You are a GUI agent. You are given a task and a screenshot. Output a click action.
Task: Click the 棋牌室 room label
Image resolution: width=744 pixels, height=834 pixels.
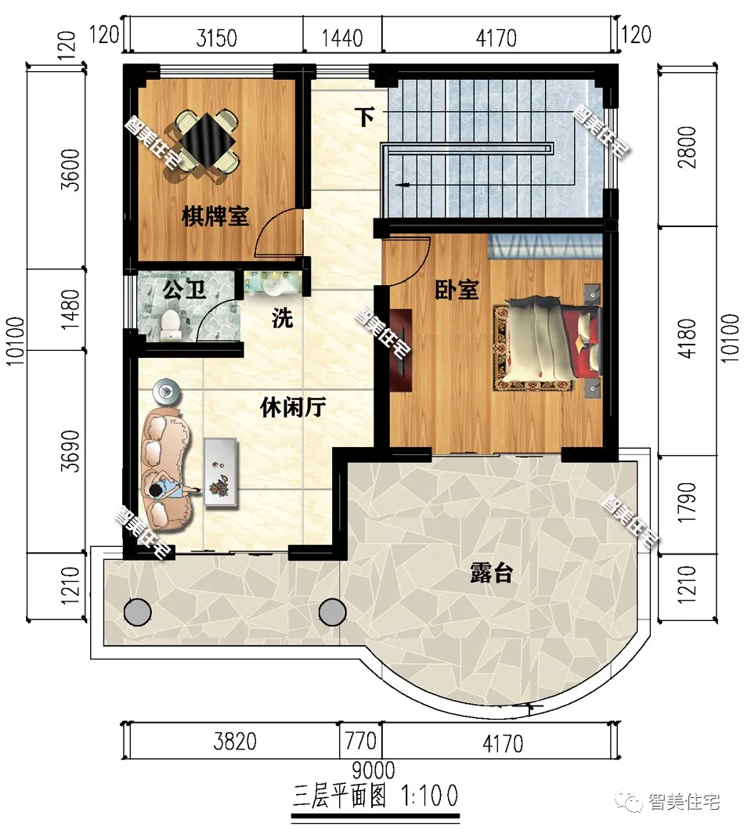[x=215, y=216]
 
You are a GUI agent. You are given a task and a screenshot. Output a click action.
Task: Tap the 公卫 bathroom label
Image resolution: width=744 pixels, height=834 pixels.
[x=185, y=291]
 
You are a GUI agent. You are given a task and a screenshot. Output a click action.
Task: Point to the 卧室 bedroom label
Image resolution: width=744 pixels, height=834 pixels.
[x=457, y=290]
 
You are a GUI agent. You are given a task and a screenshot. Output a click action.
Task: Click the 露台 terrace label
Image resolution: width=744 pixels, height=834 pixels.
[x=491, y=573]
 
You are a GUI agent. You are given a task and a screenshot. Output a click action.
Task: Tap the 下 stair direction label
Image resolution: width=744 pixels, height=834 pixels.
[x=365, y=117]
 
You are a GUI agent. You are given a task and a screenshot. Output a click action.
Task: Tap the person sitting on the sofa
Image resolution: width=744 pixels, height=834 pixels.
[x=166, y=489]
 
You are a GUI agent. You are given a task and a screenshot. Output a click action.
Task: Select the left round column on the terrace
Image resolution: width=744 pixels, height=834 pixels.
[x=137, y=611]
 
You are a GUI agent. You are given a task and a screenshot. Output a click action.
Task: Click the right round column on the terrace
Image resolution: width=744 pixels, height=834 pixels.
[x=332, y=611]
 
